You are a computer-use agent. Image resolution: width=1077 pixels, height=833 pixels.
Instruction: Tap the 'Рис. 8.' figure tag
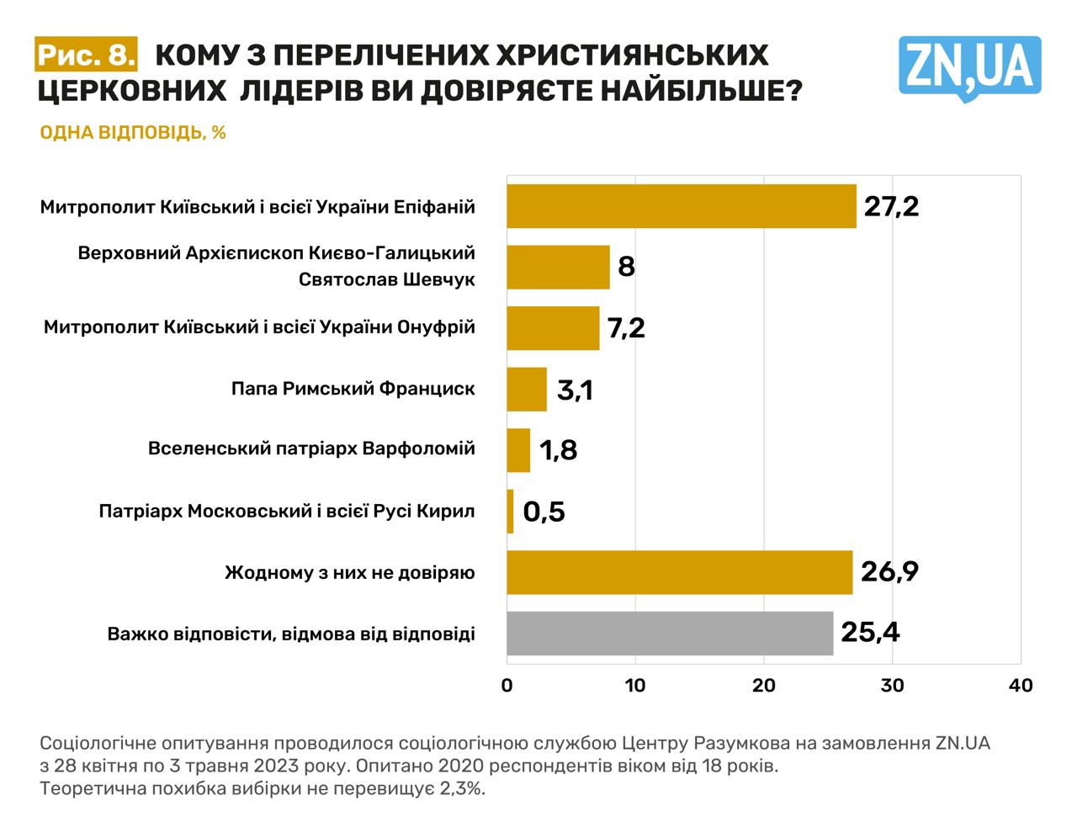coord(86,55)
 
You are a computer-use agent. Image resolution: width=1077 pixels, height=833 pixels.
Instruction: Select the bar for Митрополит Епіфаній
coord(681,206)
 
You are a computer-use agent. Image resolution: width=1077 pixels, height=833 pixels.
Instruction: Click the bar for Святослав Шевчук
coord(558,267)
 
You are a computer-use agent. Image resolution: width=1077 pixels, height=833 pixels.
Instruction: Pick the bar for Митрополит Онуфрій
coord(553,328)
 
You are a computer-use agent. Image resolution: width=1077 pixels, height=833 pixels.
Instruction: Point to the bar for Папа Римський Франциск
coord(527,389)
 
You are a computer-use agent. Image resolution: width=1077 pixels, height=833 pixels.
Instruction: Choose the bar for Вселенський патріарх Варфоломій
coord(518,450)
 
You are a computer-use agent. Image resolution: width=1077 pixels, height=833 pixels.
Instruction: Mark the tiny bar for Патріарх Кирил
coord(510,511)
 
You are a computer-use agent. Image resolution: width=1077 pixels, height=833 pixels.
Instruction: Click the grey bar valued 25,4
coord(670,633)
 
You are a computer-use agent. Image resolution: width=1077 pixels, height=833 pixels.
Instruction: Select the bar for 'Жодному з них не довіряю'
coord(679,572)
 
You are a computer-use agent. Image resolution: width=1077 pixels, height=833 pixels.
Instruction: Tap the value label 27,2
coord(891,206)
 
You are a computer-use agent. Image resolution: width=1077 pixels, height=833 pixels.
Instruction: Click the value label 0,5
coord(544,511)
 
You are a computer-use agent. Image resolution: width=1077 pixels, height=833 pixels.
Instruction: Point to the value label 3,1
coord(575,390)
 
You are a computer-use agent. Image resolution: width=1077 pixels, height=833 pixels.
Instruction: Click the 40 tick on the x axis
coord(1021,686)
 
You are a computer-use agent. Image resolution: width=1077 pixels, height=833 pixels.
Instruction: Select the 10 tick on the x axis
coord(635,686)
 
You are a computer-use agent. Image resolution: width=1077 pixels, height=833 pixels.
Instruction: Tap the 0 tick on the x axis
coord(507,686)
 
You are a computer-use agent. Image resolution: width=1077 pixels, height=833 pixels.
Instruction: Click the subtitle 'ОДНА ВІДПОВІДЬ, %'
coord(133,133)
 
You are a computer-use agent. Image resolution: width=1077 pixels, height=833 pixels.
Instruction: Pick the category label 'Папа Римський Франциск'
coord(353,389)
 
